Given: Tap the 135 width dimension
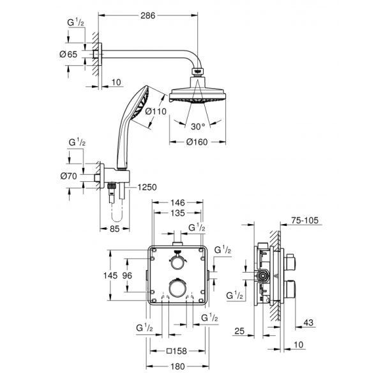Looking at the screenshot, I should pos(177,214).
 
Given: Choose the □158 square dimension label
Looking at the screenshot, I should pos(177,350).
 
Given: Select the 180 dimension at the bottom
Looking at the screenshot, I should pos(177,366).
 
